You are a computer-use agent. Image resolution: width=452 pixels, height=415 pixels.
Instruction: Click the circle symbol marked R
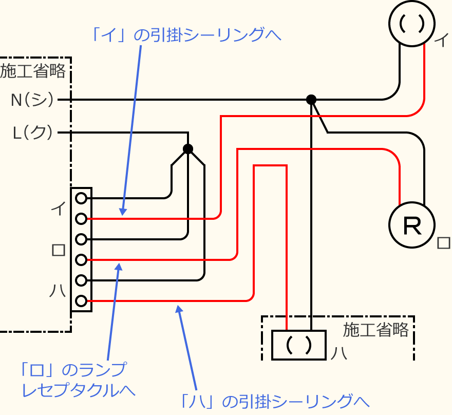pos(412,225)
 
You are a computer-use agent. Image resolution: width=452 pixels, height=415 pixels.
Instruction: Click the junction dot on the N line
pos(311,99)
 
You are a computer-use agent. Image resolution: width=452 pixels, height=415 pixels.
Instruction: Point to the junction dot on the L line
pos(188,149)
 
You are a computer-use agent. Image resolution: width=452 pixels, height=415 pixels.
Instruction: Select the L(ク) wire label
pos(32,133)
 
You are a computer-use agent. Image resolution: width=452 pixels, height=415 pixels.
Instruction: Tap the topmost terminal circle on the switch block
pos(81,198)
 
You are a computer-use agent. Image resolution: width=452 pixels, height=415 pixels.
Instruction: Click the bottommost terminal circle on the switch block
pos(81,301)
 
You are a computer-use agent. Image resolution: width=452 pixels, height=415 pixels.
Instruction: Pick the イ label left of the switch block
pos(58,208)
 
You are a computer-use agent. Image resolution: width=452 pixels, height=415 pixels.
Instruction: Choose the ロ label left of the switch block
pos(58,250)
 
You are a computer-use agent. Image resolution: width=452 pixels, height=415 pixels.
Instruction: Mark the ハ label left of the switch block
pos(58,291)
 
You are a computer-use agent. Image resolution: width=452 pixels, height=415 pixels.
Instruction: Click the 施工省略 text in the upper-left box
pos(33,71)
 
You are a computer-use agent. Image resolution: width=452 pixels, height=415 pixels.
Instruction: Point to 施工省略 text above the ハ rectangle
pos(376,330)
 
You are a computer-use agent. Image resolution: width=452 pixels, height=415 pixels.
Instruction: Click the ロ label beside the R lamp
pos(442,243)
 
